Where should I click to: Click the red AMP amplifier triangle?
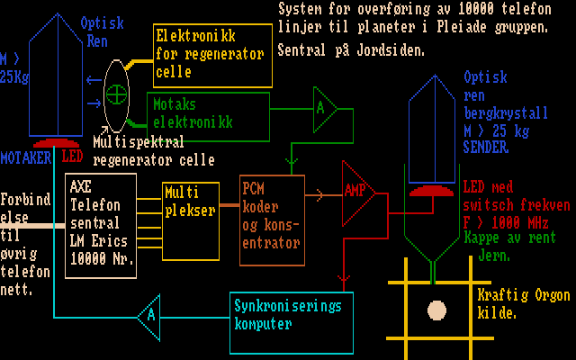pyautogui.click(x=356, y=191)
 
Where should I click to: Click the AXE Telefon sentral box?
pyautogui.click(x=102, y=219)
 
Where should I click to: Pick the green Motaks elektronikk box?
pyautogui.click(x=209, y=115)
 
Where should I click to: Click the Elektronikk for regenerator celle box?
pyautogui.click(x=212, y=55)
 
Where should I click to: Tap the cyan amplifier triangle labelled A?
pyautogui.click(x=149, y=315)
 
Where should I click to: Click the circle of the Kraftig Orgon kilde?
pyautogui.click(x=436, y=310)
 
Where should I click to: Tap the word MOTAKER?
pyautogui.click(x=25, y=157)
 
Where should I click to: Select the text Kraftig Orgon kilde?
pyautogui.click(x=508, y=304)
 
